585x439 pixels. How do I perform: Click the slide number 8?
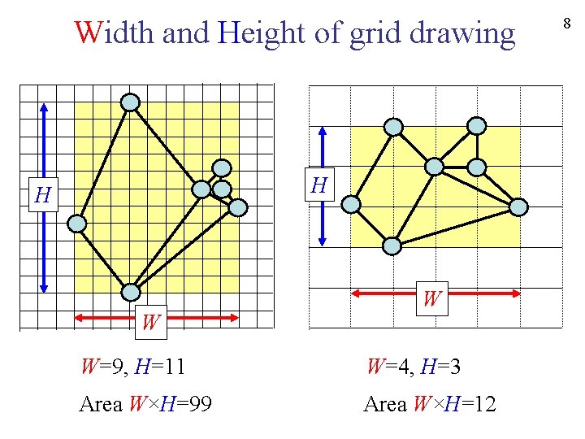[566, 24]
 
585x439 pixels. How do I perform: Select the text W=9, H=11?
[132, 367]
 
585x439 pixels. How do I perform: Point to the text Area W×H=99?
[145, 404]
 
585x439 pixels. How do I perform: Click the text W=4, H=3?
[414, 367]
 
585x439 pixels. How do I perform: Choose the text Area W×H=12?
[430, 404]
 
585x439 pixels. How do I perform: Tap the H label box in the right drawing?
[319, 186]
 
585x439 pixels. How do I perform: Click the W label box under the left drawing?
[150, 322]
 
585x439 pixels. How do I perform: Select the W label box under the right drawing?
[431, 299]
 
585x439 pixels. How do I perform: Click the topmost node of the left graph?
[130, 102]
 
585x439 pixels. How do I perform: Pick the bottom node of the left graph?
[131, 292]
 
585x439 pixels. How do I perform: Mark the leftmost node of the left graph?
[76, 223]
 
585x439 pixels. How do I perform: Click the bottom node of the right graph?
[392, 246]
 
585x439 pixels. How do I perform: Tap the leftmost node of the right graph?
[351, 204]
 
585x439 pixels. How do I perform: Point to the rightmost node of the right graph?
[518, 206]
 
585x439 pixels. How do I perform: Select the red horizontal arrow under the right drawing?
[435, 292]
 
